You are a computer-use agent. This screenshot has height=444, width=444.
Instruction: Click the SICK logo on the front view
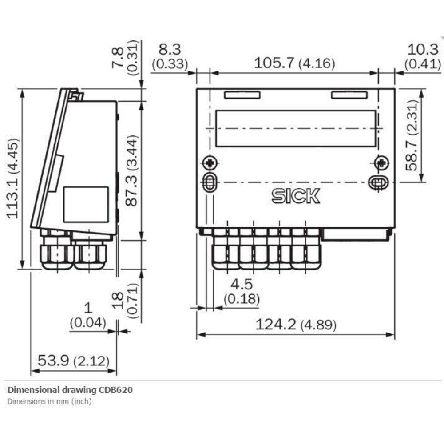296,196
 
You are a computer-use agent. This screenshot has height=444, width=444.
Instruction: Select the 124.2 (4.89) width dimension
295,325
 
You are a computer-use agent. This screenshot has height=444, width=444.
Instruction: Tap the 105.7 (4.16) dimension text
294,63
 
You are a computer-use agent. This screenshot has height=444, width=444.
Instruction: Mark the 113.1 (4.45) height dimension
13,178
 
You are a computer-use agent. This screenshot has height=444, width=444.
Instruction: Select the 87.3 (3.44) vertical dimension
132,170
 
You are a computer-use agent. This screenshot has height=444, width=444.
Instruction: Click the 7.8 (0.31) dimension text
126,58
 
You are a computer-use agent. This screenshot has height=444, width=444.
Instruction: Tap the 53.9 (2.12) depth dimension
73,361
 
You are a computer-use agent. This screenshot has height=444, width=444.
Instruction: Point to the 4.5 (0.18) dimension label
241,291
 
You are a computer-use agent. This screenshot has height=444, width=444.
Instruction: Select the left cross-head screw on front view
210,163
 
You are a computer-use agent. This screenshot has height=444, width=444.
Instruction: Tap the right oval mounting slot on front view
378,182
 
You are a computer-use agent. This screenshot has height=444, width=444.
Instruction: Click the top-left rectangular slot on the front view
242,95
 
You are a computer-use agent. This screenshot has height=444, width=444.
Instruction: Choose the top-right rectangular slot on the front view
349,95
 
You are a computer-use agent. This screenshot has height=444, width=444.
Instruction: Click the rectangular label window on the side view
86,204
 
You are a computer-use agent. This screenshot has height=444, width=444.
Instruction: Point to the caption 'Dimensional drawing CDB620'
70,390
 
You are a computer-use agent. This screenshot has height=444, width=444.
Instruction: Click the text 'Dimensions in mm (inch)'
49,401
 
